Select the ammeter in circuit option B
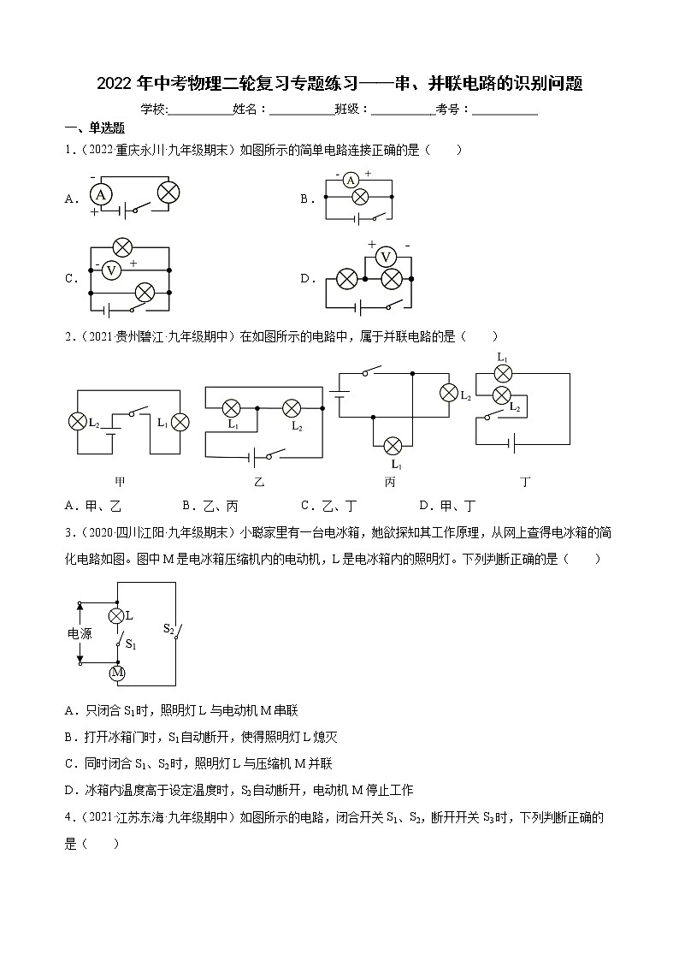pyautogui.click(x=350, y=180)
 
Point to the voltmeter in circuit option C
pyautogui.click(x=110, y=270)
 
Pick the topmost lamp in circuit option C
pyautogui.click(x=122, y=248)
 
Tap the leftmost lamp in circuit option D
pyautogui.click(x=346, y=278)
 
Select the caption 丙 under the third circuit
pyautogui.click(x=390, y=482)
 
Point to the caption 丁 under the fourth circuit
pyautogui.click(x=525, y=482)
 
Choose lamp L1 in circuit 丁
pyautogui.click(x=504, y=373)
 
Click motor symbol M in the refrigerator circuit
pyautogui.click(x=117, y=673)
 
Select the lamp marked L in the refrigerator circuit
pyautogui.click(x=117, y=615)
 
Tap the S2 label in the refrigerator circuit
pyautogui.click(x=169, y=628)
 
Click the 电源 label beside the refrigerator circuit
pyautogui.click(x=80, y=634)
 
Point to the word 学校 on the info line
pyautogui.click(x=152, y=109)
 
